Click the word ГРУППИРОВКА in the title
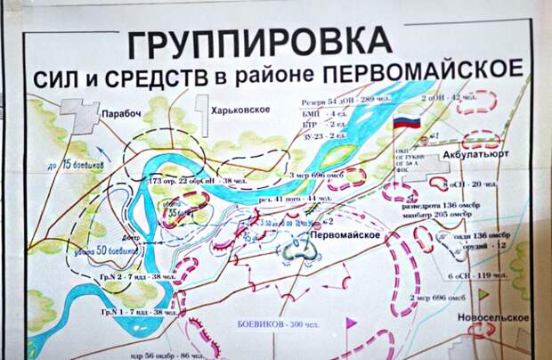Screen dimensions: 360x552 click(259, 42)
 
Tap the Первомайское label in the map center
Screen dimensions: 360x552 click(345, 234)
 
